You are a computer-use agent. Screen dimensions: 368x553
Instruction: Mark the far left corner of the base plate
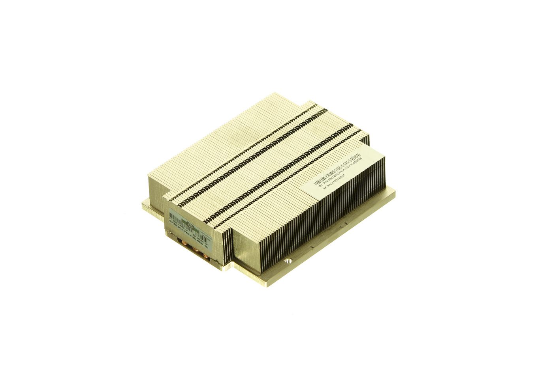coord(143,205)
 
